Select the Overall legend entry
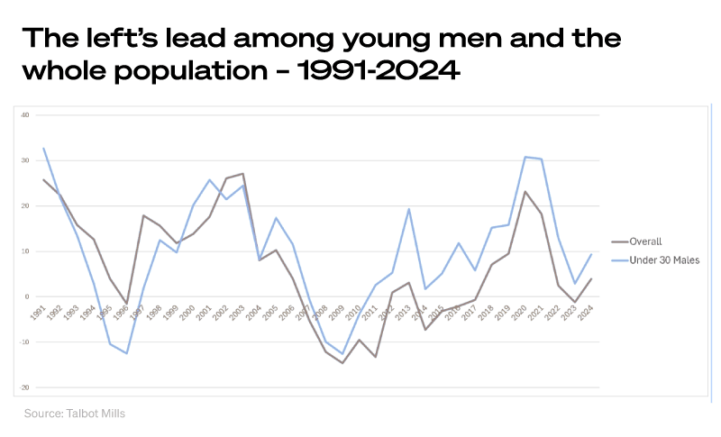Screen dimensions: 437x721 click(x=643, y=241)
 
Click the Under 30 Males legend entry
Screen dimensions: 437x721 click(x=657, y=260)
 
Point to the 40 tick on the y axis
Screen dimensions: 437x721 click(x=25, y=115)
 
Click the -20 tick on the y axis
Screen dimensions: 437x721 click(x=25, y=387)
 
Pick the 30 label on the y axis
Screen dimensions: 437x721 click(x=25, y=160)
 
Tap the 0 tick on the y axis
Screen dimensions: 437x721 click(x=27, y=296)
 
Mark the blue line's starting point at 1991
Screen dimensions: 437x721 click(x=43, y=148)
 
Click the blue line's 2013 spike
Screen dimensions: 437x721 click(x=408, y=209)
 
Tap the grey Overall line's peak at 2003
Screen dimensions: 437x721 click(x=242, y=174)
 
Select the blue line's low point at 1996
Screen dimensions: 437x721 click(x=126, y=353)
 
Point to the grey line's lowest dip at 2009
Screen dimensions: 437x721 click(x=342, y=363)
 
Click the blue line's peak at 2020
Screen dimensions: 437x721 click(x=525, y=157)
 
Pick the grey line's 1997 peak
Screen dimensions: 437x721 click(x=143, y=215)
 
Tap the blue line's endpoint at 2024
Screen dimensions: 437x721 click(x=591, y=254)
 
